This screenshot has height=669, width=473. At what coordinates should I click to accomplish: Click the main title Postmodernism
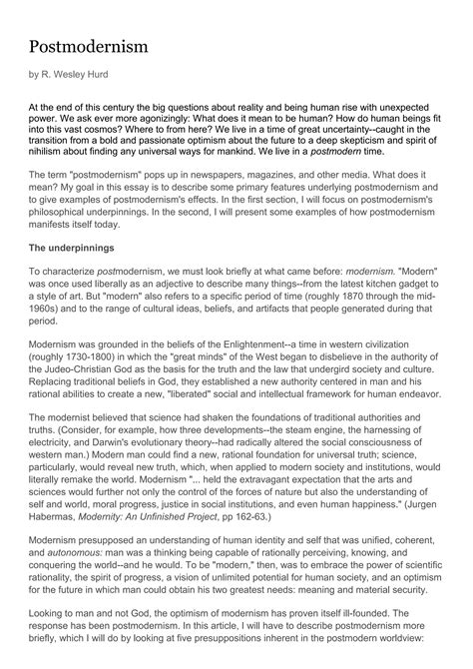click(x=88, y=47)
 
